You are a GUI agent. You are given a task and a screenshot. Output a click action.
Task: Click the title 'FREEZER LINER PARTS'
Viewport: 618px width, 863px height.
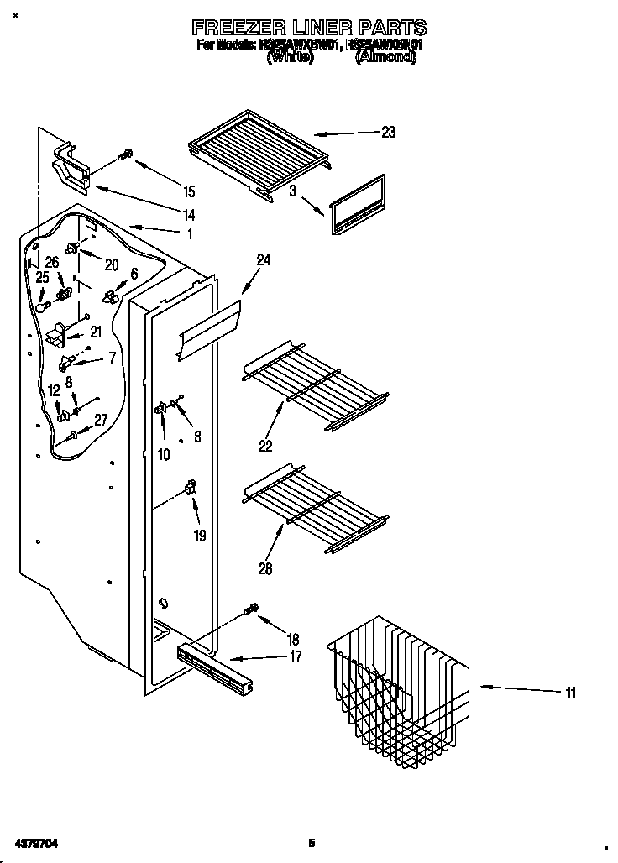coord(309,28)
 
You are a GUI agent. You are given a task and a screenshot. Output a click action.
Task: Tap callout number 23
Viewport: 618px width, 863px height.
coord(387,132)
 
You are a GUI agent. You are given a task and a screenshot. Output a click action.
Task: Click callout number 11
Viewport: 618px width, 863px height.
coord(571,693)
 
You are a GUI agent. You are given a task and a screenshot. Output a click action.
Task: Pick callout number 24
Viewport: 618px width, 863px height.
coord(263,260)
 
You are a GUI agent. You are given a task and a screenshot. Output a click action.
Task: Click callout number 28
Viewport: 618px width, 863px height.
coord(266,569)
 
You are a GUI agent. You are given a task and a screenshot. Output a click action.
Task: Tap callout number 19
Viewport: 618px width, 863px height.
coord(199,535)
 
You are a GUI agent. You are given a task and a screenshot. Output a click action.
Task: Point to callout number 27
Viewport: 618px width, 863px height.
coord(100,421)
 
